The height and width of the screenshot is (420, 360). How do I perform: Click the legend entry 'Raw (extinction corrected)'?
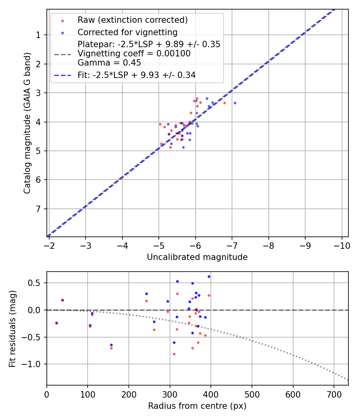click(x=132, y=20)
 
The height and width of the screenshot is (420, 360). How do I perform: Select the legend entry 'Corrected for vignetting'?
click(x=127, y=32)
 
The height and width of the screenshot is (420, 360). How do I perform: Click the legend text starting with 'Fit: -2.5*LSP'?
click(x=136, y=75)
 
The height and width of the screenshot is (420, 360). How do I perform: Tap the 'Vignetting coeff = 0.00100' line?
click(x=134, y=54)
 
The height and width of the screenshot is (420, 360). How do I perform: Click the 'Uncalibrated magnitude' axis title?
click(x=197, y=257)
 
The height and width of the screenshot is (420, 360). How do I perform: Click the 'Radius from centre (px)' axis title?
click(x=197, y=406)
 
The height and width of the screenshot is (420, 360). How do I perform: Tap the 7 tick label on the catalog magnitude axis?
click(x=38, y=209)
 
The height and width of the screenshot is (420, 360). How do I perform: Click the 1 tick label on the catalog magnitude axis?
click(x=38, y=35)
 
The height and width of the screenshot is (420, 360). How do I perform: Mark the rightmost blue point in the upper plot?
click(x=235, y=103)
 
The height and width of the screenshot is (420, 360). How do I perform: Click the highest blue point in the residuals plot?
click(x=209, y=276)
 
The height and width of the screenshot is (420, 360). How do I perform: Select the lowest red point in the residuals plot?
click(x=174, y=354)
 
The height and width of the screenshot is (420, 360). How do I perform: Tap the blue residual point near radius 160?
click(x=111, y=345)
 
